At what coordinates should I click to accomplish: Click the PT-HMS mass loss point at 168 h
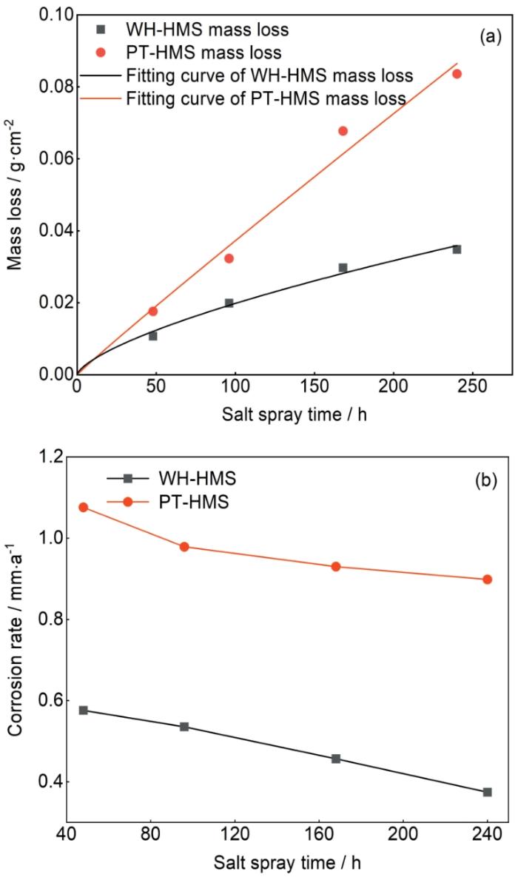click(343, 131)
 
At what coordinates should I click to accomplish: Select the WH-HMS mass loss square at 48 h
click(152, 336)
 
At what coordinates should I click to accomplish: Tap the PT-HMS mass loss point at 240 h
click(457, 74)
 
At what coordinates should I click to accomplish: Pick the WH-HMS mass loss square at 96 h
click(229, 303)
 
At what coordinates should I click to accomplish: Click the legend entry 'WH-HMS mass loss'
click(207, 30)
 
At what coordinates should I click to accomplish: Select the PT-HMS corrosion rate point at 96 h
click(184, 547)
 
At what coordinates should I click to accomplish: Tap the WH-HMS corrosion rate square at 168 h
click(336, 759)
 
